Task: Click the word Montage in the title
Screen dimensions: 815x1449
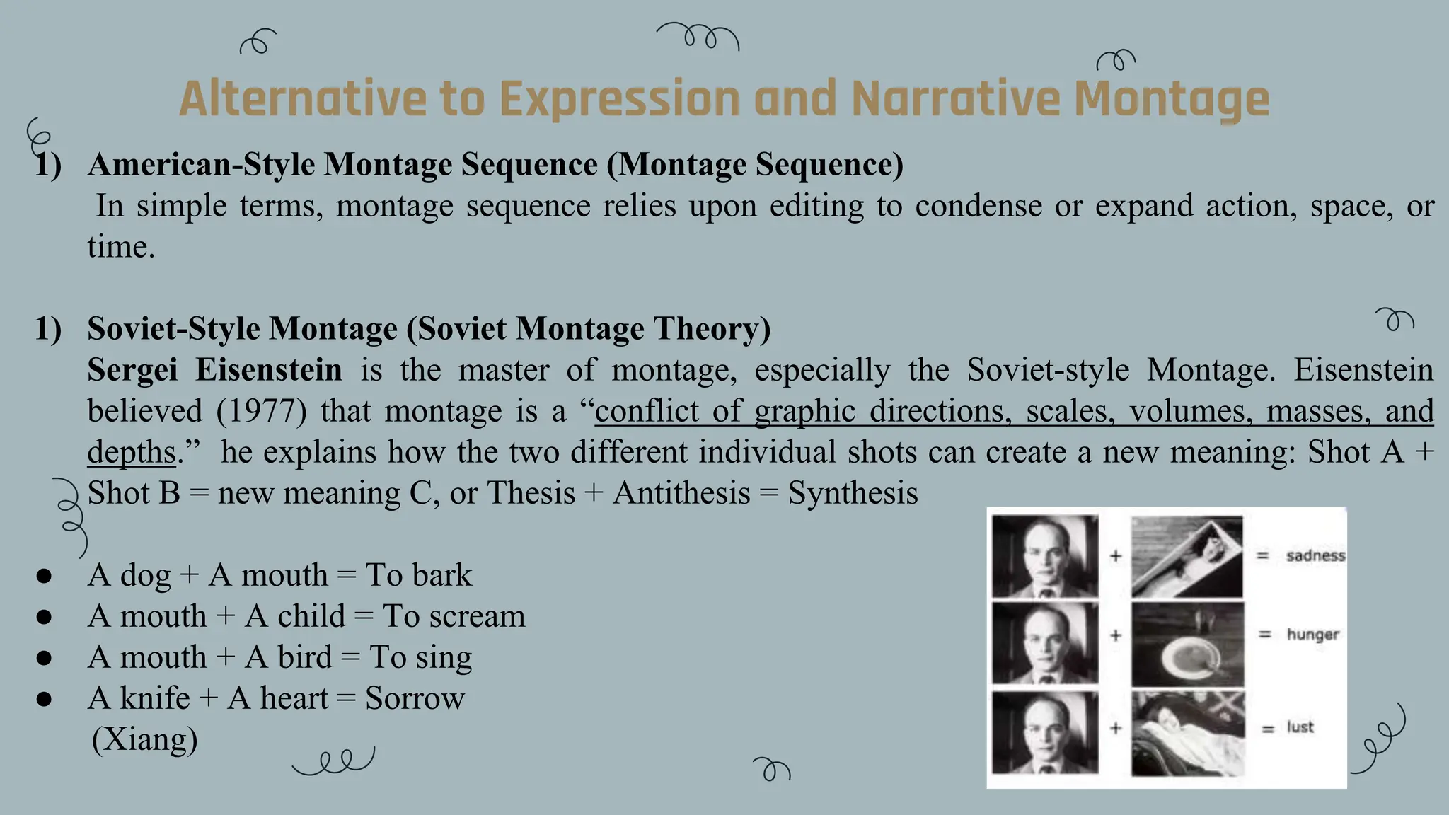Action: (x=1171, y=99)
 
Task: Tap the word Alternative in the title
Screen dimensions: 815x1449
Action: (x=303, y=99)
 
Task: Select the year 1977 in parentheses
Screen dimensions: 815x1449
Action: (x=262, y=411)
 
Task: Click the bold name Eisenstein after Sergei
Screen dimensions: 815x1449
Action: (x=269, y=370)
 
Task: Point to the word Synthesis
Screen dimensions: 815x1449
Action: (x=853, y=493)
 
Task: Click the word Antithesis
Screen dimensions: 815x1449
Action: (x=681, y=493)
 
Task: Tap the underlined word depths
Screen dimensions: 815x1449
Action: (x=131, y=453)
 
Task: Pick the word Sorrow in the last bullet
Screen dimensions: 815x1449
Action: (x=415, y=698)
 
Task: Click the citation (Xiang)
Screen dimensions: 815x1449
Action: (x=144, y=739)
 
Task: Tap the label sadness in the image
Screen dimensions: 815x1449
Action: (x=1315, y=556)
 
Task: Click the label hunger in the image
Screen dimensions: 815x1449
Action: (x=1312, y=635)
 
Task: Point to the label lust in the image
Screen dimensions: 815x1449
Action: (x=1300, y=727)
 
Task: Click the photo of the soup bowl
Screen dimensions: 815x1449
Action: (x=1187, y=645)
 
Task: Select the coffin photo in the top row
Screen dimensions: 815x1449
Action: (x=1187, y=557)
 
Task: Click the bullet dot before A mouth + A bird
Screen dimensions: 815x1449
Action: (x=44, y=658)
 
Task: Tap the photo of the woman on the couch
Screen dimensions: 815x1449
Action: (x=1187, y=733)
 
